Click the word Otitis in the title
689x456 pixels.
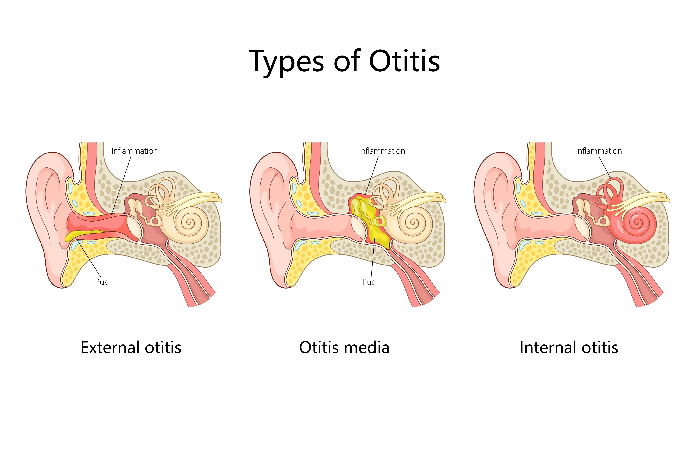pos(404,61)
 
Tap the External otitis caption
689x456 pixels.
pos(131,348)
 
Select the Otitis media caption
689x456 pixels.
pos(344,348)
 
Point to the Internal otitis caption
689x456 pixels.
pos(569,348)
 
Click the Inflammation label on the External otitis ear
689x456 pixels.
pos(134,151)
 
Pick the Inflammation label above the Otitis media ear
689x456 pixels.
pos(382,151)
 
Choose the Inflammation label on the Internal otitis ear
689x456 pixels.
pos(599,151)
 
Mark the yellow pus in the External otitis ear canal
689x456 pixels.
pos(84,234)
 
